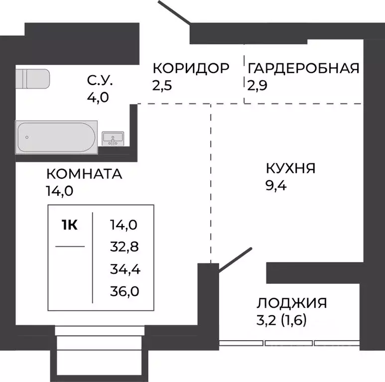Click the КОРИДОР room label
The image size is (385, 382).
coord(191,68)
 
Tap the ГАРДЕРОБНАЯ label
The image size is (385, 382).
coord(303,68)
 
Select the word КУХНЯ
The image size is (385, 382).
coord(291,168)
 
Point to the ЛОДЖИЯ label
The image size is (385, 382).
coord(292,303)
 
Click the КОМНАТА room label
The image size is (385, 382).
coord(84,174)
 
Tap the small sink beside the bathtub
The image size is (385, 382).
coord(114,138)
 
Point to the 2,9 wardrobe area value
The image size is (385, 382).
coord(257,85)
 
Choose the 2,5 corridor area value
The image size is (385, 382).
coord(162,85)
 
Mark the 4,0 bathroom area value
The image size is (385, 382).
coord(98,95)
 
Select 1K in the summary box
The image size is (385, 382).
coord(69,225)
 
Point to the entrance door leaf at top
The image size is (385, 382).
coord(174,12)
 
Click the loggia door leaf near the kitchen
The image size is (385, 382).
coord(234,260)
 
